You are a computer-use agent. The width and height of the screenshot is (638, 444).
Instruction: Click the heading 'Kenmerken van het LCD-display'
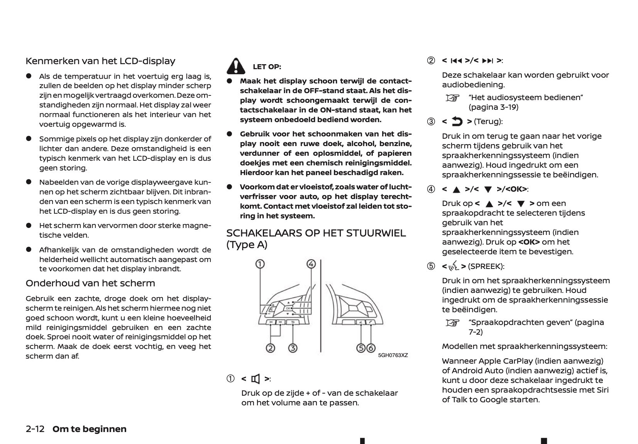tap(100, 61)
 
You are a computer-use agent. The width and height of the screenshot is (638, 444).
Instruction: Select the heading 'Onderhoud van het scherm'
tap(90, 283)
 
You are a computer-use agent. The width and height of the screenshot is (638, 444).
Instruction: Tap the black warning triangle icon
tap(236, 66)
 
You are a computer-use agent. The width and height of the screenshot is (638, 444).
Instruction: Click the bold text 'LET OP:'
tap(267, 67)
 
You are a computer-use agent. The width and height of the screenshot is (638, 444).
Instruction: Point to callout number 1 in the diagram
tap(260, 264)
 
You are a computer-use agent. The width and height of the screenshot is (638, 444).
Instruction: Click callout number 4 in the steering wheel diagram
tap(311, 264)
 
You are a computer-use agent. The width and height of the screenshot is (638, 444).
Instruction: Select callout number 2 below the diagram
tap(271, 348)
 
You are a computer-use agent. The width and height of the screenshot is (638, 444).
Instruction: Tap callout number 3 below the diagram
tap(293, 348)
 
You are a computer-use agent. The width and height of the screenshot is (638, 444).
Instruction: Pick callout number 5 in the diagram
tap(361, 348)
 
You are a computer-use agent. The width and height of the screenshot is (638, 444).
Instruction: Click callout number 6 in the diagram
tap(371, 348)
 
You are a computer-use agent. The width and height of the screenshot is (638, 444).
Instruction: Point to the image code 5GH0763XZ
tap(393, 355)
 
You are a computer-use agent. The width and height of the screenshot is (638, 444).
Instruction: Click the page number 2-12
tap(35, 429)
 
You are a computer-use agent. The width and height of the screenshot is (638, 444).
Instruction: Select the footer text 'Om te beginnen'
tap(90, 429)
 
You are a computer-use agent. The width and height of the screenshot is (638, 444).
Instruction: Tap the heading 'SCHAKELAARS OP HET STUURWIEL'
tap(316, 233)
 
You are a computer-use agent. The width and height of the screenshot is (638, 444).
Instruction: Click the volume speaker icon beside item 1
tap(255, 379)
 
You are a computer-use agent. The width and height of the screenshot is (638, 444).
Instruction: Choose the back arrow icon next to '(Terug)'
tap(457, 122)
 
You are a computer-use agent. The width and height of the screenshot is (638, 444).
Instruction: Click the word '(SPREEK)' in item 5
tap(486, 266)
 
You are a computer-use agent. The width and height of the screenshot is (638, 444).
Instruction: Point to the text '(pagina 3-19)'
tap(494, 107)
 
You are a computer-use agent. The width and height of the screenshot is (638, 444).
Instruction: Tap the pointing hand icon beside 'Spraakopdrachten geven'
tap(453, 323)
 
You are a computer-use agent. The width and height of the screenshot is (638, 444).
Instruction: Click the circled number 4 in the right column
tap(431, 189)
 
